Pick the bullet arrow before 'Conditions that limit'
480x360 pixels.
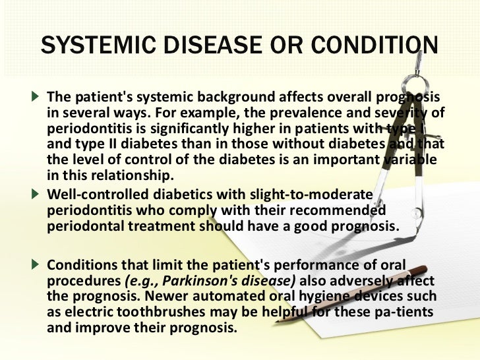coord(39,264)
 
